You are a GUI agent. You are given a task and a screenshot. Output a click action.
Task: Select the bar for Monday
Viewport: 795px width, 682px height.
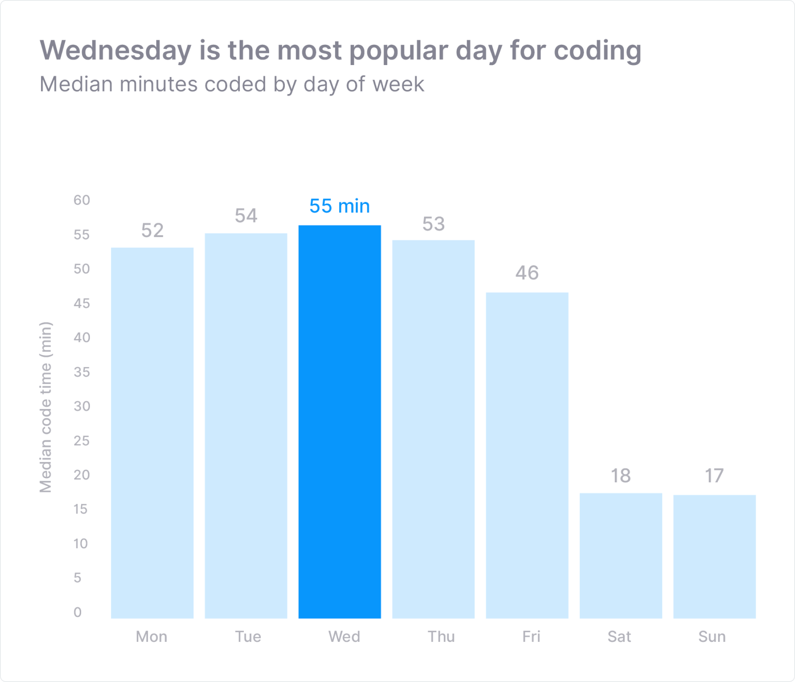coord(152,433)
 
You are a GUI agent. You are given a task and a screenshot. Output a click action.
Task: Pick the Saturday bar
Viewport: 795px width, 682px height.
coord(620,555)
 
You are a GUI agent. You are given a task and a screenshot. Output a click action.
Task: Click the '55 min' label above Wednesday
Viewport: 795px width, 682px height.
coord(340,206)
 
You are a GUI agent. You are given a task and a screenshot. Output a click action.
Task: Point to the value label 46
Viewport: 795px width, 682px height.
coord(527,273)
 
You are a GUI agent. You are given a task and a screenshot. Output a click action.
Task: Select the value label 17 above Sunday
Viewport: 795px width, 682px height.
coord(714,476)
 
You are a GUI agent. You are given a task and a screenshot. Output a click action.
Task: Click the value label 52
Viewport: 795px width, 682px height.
coord(152,230)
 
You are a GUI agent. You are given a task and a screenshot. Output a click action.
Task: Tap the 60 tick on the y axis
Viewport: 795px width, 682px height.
coord(82,200)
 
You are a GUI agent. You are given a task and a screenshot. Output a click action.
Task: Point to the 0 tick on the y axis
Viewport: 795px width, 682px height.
coord(77,612)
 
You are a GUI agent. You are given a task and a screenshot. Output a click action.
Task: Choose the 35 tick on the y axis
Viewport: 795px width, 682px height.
coord(82,372)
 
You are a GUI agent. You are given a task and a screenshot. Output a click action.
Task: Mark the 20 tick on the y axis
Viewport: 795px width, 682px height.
coord(82,475)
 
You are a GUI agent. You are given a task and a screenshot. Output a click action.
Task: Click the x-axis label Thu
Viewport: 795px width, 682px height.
coord(441,636)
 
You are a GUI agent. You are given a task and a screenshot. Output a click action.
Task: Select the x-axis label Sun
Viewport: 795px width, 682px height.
coord(712,636)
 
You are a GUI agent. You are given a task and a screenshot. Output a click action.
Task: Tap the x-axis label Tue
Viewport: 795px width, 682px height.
coord(248,636)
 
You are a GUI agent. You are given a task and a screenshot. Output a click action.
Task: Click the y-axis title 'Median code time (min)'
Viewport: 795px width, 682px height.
coord(46,407)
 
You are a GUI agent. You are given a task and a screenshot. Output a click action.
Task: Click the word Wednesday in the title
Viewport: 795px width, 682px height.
coord(116,51)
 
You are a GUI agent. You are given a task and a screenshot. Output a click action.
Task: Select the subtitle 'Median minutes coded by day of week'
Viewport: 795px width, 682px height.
coord(232,85)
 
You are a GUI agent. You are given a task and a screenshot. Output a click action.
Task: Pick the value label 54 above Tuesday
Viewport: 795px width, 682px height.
coord(246,216)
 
